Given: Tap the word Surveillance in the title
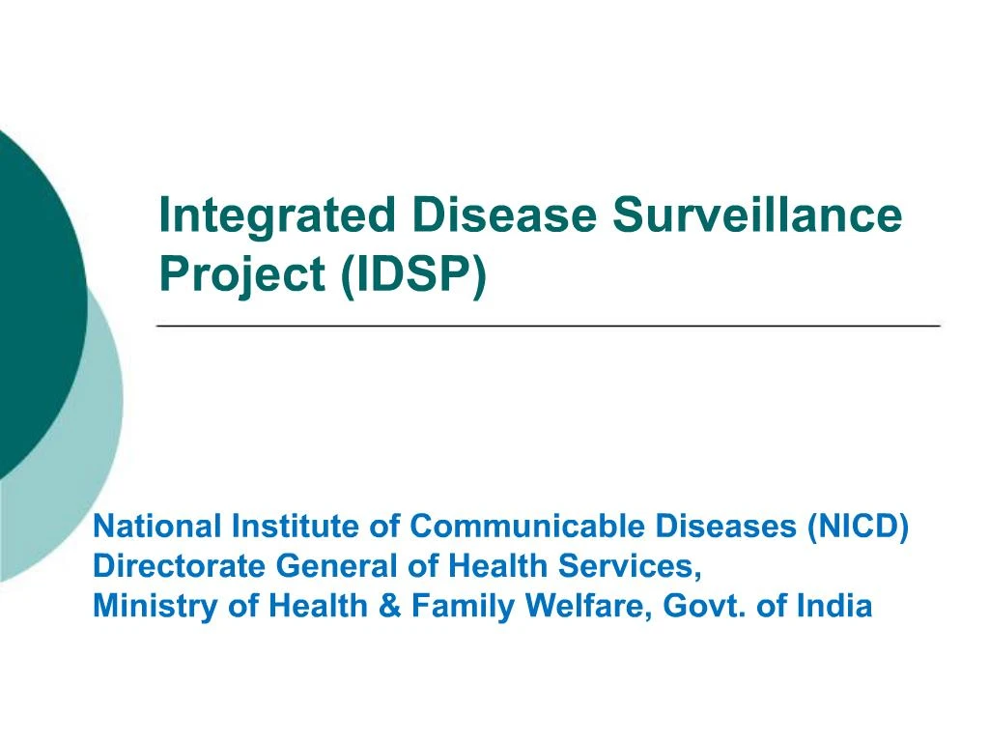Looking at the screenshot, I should (x=757, y=214).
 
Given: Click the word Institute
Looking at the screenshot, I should (x=294, y=528).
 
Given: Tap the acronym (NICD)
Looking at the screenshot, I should (x=857, y=528).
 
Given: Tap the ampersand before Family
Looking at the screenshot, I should (x=391, y=607).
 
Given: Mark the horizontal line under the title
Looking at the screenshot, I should (x=549, y=328).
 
